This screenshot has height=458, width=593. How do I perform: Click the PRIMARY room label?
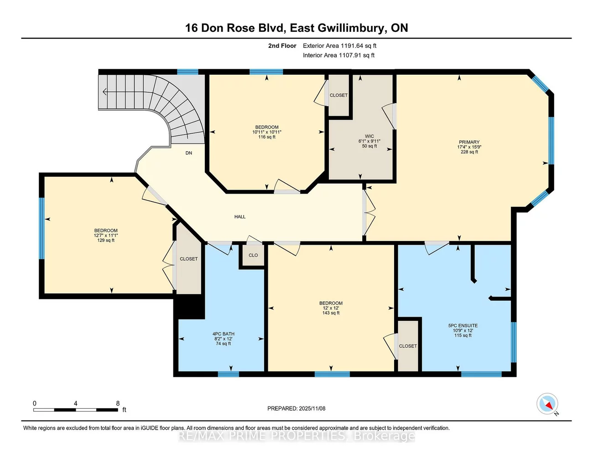click(469, 142)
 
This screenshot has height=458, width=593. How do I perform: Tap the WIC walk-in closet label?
click(369, 136)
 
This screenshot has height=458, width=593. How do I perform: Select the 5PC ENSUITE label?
click(463, 326)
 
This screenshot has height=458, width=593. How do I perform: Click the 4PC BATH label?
click(224, 334)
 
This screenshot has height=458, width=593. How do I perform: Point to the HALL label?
click(240, 217)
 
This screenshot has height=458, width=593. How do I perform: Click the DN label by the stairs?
click(188, 153)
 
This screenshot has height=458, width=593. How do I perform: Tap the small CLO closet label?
click(253, 256)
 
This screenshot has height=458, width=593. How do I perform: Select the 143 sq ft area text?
click(331, 313)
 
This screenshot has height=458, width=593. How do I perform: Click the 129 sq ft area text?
click(106, 241)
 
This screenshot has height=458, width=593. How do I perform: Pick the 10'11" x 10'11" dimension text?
click(267, 132)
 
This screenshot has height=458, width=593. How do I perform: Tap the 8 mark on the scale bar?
click(118, 403)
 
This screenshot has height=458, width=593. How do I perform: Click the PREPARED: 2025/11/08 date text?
click(296, 409)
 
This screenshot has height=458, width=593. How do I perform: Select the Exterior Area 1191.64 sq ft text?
click(339, 46)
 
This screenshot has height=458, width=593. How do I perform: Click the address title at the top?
click(296, 28)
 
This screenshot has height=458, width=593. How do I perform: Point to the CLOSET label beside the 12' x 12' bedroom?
click(408, 346)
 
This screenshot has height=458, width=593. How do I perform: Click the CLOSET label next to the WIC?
click(338, 95)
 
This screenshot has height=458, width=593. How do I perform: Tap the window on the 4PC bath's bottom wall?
click(228, 374)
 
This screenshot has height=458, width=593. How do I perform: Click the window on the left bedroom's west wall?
click(42, 228)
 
